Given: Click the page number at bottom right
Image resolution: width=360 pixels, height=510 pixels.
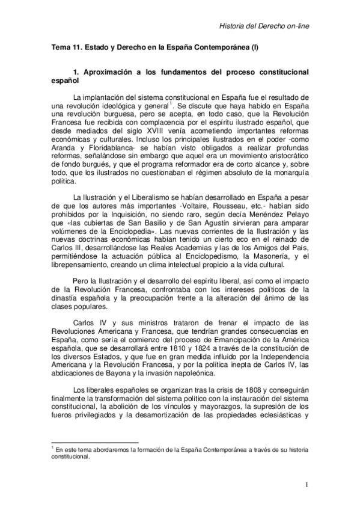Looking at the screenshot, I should pyautogui.click(x=307, y=485).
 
